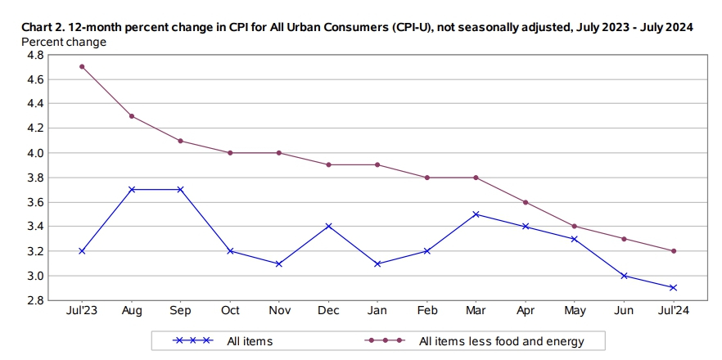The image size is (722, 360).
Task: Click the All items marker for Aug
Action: click(x=132, y=189)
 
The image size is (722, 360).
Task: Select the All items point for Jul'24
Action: click(x=674, y=287)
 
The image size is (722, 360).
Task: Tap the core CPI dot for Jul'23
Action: click(x=82, y=66)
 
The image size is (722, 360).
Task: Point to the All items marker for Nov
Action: click(x=279, y=263)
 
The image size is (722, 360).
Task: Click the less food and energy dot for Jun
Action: click(x=625, y=239)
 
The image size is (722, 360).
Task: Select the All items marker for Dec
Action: click(x=328, y=226)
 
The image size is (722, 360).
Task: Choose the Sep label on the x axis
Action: click(x=180, y=312)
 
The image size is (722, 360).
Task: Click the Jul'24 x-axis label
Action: click(x=674, y=312)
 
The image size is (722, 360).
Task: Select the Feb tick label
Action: click(x=426, y=312)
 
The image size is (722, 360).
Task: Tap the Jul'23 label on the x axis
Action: click(x=82, y=312)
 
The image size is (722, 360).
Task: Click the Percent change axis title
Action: click(x=63, y=41)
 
